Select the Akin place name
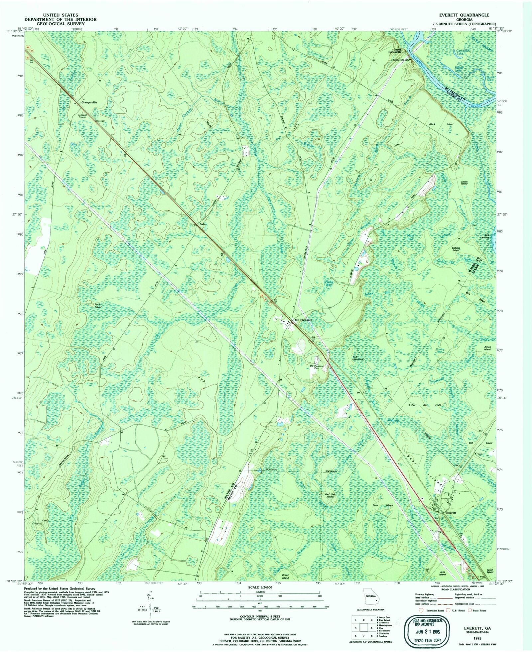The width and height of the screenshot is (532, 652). click(202, 224)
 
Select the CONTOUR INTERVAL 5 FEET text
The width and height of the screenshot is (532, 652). click(260, 616)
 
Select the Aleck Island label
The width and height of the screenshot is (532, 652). click(446, 124)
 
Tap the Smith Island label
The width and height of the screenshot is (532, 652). click(464, 183)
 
